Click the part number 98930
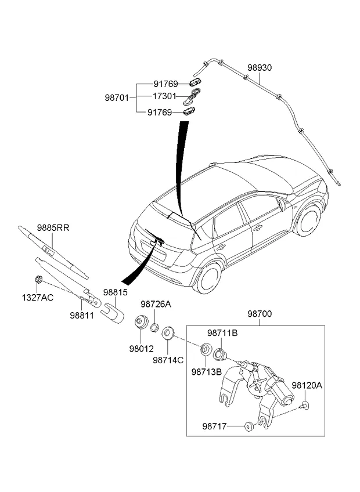[260, 68]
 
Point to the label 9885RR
[53, 228]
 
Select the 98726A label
[156, 304]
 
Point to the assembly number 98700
[260, 314]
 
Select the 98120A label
[307, 385]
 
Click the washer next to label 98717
[249, 428]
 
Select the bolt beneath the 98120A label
[304, 406]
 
